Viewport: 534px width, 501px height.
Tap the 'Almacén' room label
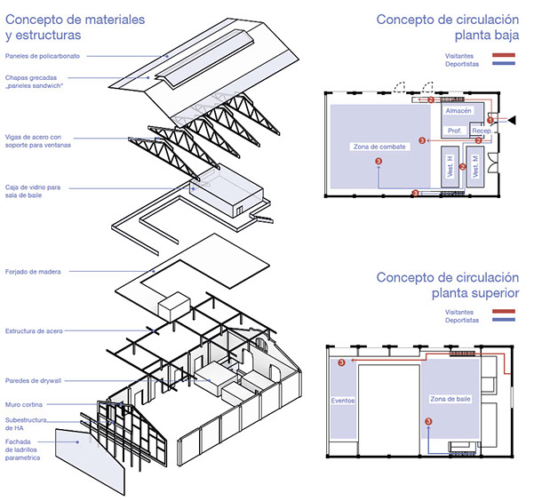click(x=458, y=112)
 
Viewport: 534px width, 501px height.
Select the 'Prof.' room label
click(x=454, y=131)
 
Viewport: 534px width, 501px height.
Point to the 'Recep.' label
click(x=482, y=131)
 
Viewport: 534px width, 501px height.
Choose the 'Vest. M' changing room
click(x=476, y=167)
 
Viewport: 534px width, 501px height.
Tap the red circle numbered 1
click(x=490, y=121)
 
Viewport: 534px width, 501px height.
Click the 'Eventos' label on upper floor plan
click(x=343, y=401)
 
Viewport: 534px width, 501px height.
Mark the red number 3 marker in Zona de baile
click(x=428, y=422)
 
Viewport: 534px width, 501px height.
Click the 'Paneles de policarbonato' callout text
click(x=41, y=56)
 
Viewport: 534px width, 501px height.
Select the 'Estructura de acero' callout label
click(x=35, y=331)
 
